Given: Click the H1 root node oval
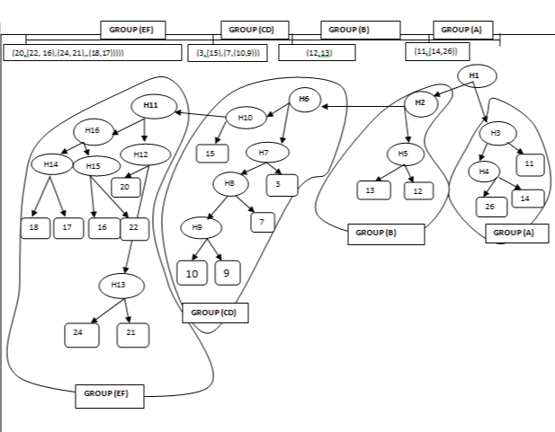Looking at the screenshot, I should click(474, 75).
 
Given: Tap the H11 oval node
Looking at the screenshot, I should click(151, 106).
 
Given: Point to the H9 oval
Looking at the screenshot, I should click(197, 226).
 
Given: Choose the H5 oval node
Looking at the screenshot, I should click(404, 154).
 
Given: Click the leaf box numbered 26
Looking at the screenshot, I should click(490, 207).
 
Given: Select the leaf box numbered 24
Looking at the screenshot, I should click(81, 334).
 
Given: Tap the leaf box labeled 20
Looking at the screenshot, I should click(126, 187).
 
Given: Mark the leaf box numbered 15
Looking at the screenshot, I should click(210, 154).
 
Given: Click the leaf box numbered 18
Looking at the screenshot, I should click(34, 228).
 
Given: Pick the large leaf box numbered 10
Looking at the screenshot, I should click(192, 271).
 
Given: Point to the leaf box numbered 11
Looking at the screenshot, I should click(529, 164).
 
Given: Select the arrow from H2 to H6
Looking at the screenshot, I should click(364, 107).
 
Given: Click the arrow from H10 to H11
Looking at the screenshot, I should click(200, 114).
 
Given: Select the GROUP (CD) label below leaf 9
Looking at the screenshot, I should click(215, 313).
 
